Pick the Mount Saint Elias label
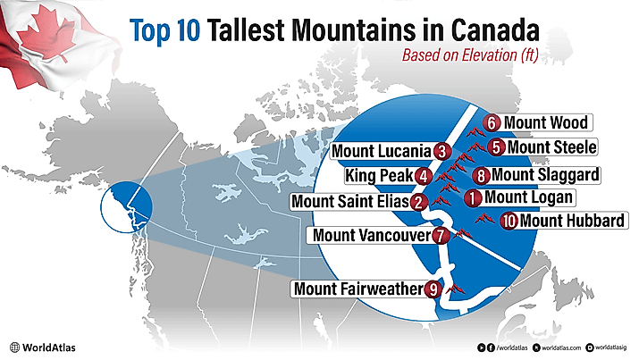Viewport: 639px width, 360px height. pyautogui.click(x=350, y=202)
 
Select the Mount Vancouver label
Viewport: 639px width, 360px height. pyautogui.click(x=369, y=236)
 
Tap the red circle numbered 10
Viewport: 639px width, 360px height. pyautogui.click(x=509, y=221)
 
